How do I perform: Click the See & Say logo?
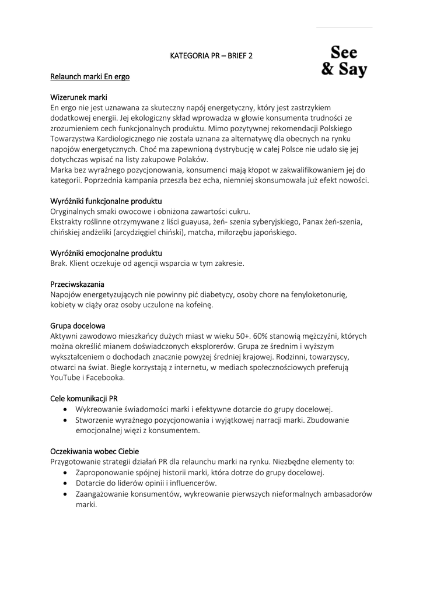(344, 61)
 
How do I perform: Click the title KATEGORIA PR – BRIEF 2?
(212, 56)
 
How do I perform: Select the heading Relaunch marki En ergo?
(90, 76)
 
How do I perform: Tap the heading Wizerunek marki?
(79, 97)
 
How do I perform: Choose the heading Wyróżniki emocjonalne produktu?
(106, 253)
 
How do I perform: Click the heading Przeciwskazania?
(77, 284)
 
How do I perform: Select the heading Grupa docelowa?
(78, 325)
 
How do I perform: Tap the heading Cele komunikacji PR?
(84, 398)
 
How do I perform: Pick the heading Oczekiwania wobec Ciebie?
(95, 451)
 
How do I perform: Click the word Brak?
(59, 264)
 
